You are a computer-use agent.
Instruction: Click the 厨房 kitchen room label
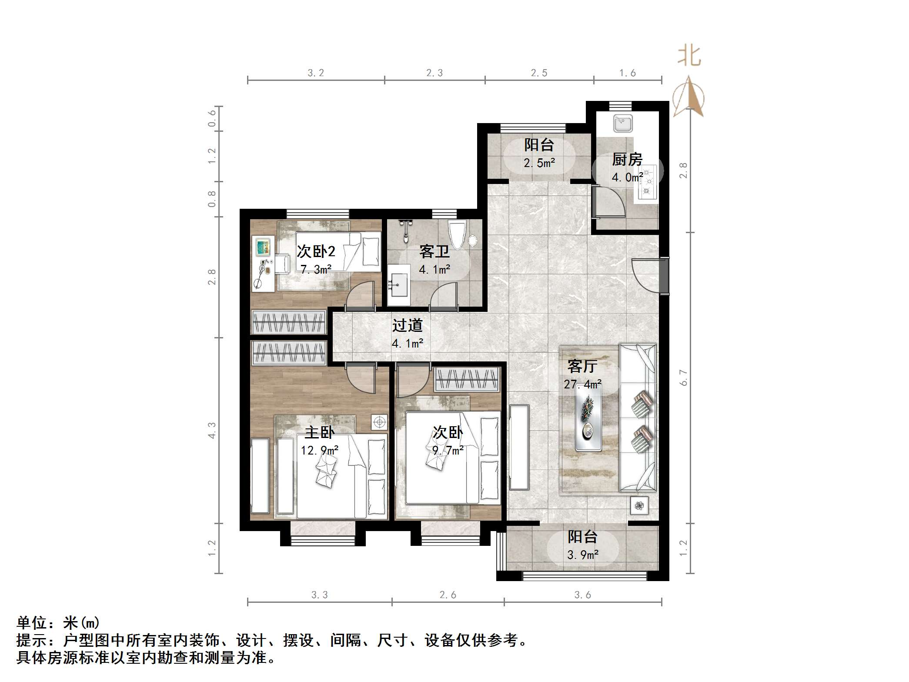click(x=627, y=160)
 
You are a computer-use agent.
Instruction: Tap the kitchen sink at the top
click(x=623, y=124)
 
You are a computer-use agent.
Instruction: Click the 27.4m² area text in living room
click(x=582, y=384)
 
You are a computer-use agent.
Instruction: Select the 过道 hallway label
click(x=407, y=325)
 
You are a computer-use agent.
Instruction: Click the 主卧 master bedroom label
click(x=319, y=432)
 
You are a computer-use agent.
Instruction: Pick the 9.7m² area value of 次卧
click(x=448, y=450)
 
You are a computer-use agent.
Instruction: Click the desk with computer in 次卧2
click(x=263, y=263)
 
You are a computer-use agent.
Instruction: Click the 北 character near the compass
click(x=689, y=57)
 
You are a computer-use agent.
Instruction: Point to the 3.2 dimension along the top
click(x=316, y=73)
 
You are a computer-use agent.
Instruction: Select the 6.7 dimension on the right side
click(x=683, y=377)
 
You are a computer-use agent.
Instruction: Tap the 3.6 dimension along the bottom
click(x=582, y=595)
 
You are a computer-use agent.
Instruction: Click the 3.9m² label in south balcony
click(x=582, y=555)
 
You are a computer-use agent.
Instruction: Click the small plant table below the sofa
click(x=638, y=506)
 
